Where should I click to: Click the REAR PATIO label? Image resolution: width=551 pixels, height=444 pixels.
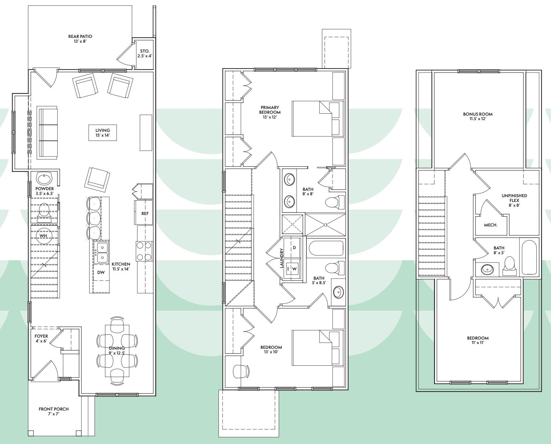[x=80, y=36]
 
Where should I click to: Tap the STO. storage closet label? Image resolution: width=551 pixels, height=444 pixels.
[x=145, y=51]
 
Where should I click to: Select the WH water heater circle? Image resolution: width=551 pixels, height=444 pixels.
[x=44, y=236]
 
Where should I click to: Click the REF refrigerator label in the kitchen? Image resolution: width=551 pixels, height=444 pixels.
[x=145, y=213]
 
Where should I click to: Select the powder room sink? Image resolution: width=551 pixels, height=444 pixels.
[x=44, y=178]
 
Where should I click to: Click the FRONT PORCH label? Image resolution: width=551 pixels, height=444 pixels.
[x=54, y=409]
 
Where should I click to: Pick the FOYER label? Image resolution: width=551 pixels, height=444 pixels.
[x=41, y=336]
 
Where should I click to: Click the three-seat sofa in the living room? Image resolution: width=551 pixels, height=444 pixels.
[x=48, y=133]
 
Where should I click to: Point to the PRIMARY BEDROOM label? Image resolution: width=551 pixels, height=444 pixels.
[x=270, y=110]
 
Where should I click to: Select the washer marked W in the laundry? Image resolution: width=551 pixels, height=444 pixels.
[x=294, y=269]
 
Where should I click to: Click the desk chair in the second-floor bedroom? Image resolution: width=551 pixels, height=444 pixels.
[x=241, y=371]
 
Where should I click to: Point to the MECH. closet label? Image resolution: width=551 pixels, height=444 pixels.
[x=491, y=225]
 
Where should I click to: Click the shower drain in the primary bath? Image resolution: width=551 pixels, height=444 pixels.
[x=325, y=225]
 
